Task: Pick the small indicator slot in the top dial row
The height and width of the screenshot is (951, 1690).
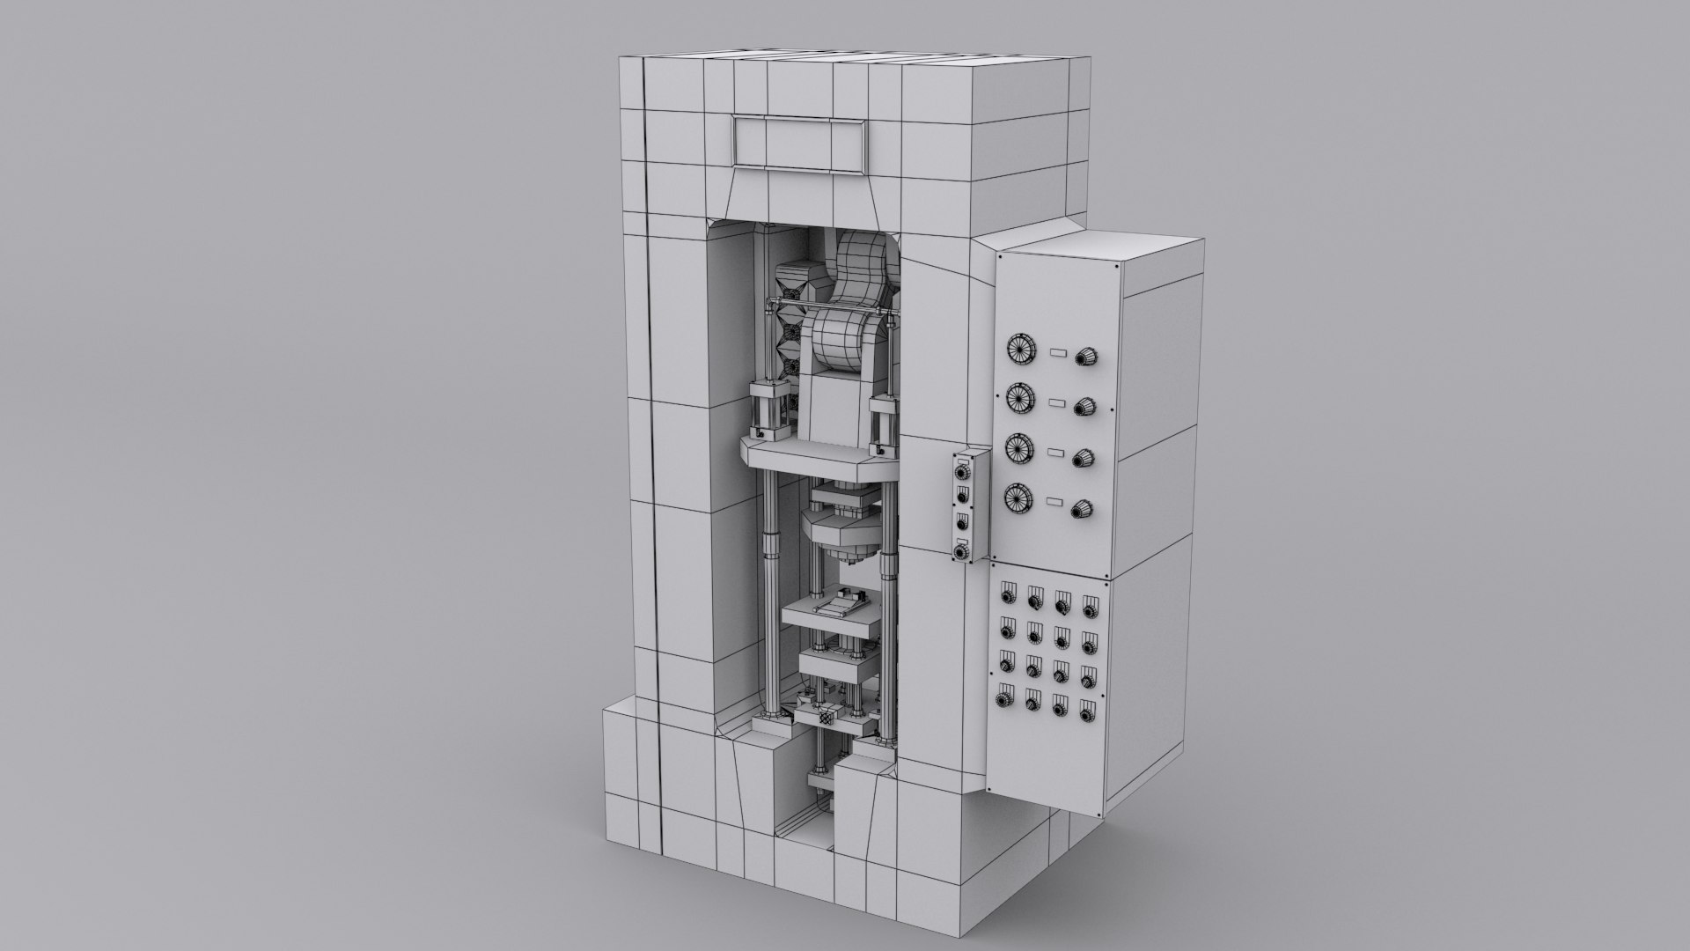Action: point(1058,352)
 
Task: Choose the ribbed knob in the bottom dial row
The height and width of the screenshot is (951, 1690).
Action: point(1081,510)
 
